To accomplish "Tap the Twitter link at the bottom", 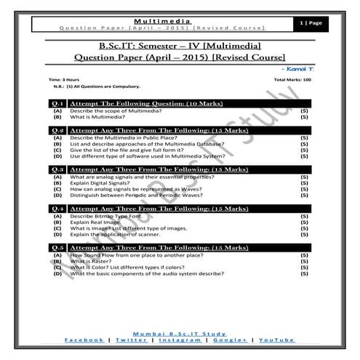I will click(x=131, y=340).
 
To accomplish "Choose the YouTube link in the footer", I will click(x=276, y=340).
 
